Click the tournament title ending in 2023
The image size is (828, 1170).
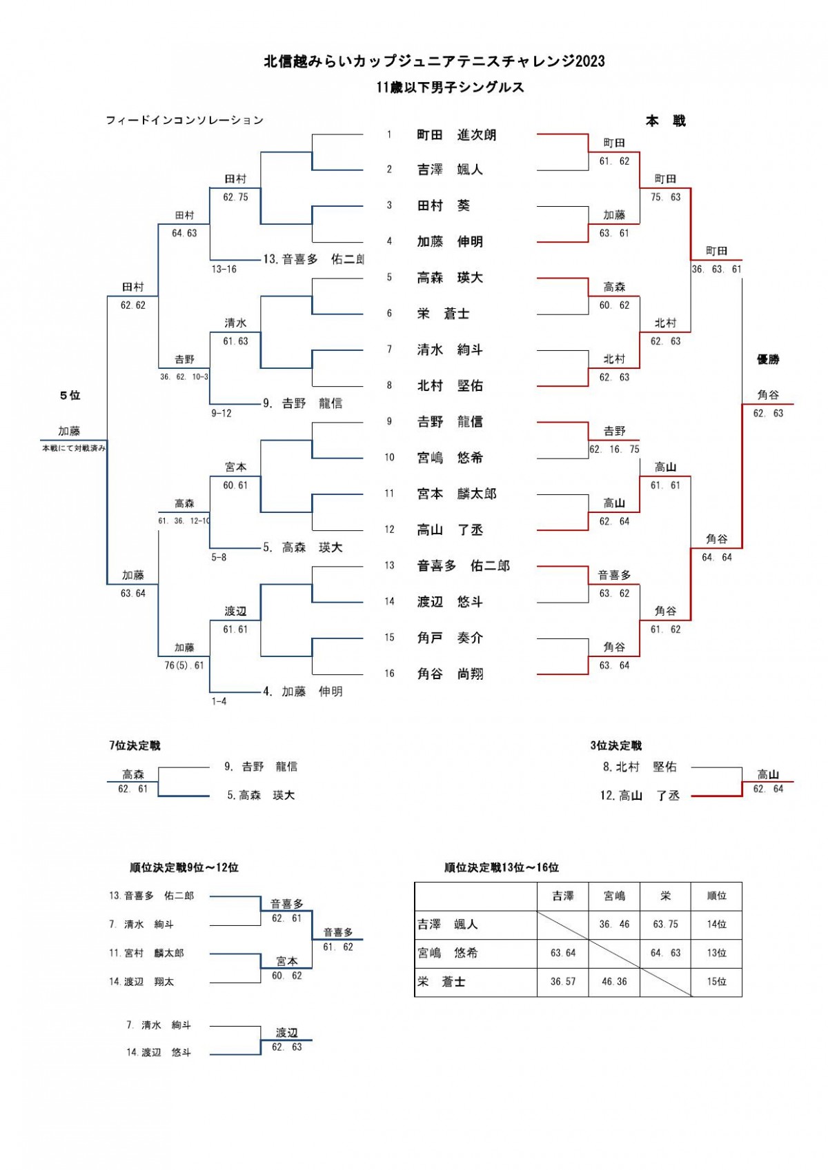coord(434,61)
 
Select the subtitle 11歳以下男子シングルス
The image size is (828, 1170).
coord(450,87)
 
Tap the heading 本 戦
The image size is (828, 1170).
coord(665,121)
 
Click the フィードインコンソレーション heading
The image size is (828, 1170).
coord(184,120)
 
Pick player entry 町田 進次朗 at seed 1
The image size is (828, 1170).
coord(456,134)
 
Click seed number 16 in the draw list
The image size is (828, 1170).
coord(389,674)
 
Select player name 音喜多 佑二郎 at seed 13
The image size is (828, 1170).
coord(463,565)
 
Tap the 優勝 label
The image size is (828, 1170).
coord(768,359)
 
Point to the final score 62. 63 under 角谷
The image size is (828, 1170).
coord(768,413)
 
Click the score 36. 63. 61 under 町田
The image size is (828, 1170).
coord(716,269)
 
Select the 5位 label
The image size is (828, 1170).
coord(70,395)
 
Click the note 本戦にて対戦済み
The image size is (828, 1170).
coord(74,448)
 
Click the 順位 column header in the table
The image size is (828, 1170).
coord(717,896)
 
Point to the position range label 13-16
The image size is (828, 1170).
coord(224,269)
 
